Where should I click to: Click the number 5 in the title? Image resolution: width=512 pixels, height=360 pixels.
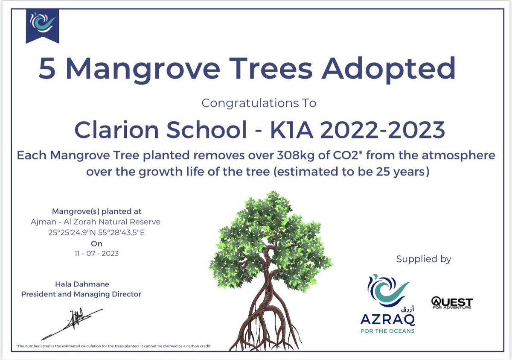tap(47, 69)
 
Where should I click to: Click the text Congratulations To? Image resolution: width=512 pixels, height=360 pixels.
tap(259, 103)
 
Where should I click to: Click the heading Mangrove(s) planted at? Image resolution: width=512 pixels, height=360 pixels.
tap(96, 211)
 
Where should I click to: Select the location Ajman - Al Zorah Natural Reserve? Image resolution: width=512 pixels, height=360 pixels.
tap(96, 222)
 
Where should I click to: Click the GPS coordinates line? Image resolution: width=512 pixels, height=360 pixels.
tap(96, 233)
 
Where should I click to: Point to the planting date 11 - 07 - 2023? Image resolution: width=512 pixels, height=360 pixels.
tap(96, 254)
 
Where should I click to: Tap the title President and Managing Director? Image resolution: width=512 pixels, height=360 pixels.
tap(81, 294)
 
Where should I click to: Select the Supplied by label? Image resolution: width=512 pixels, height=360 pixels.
tap(424, 259)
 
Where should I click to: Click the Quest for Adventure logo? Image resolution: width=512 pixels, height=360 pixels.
tap(452, 302)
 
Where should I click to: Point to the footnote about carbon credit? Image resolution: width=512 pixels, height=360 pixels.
tap(114, 345)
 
